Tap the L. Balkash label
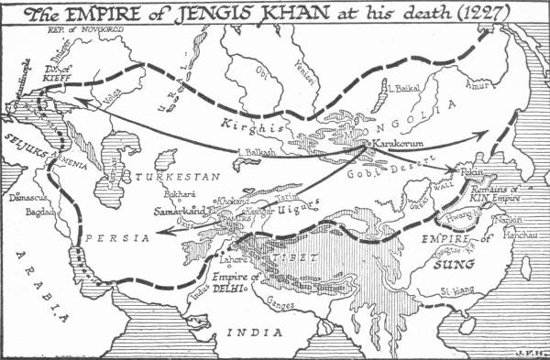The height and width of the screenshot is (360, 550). click(x=254, y=152)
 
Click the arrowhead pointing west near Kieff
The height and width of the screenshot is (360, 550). click(x=72, y=100)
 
